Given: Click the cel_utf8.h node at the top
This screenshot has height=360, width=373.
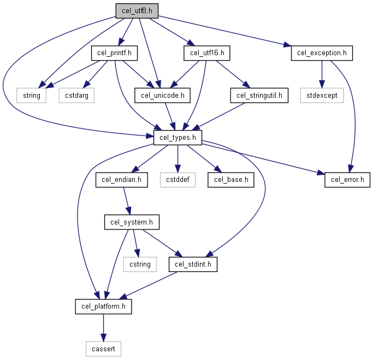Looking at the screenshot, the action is click(137, 11).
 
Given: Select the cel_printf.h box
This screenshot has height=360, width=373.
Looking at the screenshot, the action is click(114, 53).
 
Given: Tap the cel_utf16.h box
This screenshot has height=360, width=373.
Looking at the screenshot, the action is click(207, 53).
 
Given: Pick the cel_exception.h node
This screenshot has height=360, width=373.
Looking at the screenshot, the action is click(322, 53).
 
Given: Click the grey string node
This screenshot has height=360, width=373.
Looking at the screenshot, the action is click(31, 96).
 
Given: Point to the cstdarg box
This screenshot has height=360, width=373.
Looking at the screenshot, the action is click(76, 96).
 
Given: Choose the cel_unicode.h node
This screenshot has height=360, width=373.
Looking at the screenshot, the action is click(163, 96).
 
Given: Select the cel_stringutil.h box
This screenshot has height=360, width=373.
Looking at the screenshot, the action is click(259, 96).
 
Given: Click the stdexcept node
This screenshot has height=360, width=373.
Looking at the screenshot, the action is click(322, 96).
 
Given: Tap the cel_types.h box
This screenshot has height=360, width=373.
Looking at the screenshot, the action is click(177, 138).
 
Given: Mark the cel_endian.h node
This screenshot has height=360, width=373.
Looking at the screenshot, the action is click(122, 180).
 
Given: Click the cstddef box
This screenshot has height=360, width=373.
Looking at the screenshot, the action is click(177, 180).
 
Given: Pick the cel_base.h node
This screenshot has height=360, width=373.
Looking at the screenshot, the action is click(231, 180).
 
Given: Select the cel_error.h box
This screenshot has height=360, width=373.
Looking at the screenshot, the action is click(347, 180).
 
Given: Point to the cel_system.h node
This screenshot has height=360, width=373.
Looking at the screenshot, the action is click(132, 222).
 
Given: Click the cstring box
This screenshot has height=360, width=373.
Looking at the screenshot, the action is click(140, 264).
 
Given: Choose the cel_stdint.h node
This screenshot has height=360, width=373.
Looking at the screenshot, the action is click(193, 264).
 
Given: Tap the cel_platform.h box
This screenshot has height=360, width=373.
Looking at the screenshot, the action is click(103, 306).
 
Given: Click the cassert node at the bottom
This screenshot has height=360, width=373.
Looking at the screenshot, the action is click(103, 349).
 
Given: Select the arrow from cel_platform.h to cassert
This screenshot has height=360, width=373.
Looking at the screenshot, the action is click(103, 328).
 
